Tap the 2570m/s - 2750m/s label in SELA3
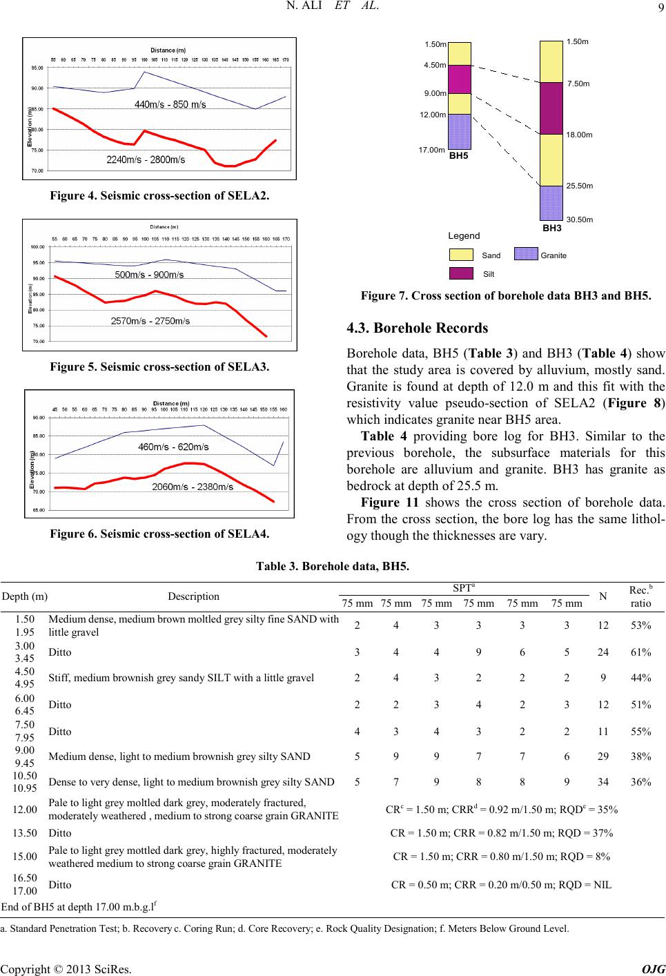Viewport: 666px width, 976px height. [x=150, y=320]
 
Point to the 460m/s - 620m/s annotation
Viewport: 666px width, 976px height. [x=173, y=447]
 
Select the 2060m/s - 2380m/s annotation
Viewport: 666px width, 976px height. [x=192, y=487]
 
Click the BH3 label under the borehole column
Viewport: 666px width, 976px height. [x=551, y=226]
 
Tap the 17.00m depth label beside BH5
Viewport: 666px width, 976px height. [x=432, y=149]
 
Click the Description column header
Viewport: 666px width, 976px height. [x=193, y=596]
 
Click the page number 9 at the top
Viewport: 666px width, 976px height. [x=658, y=10]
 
